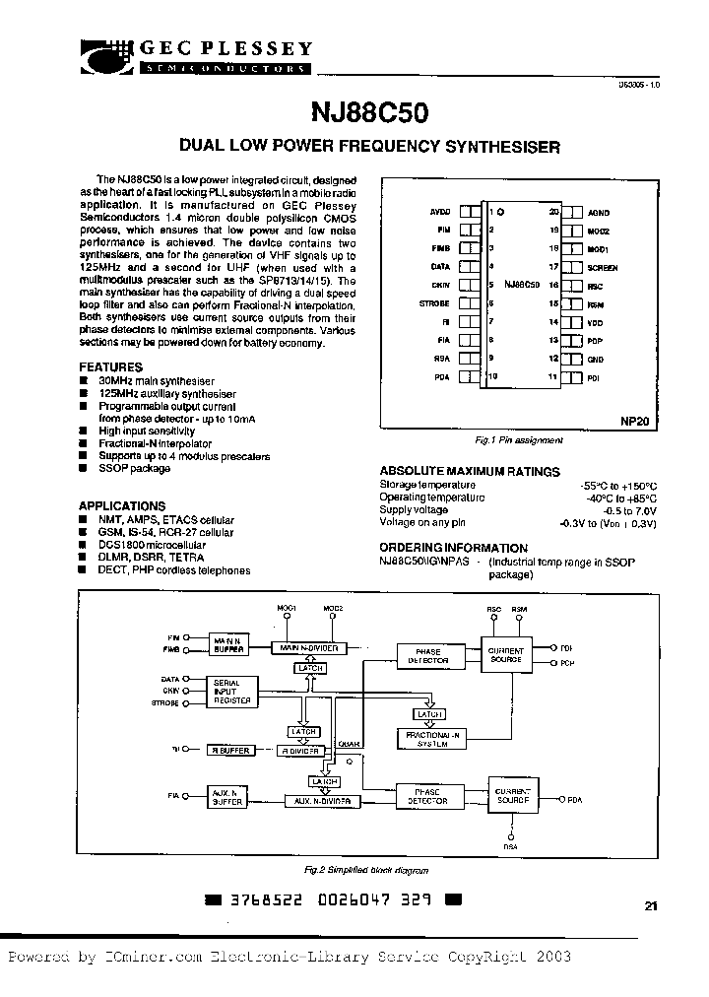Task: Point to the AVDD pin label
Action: (439, 212)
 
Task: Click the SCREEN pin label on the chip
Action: (603, 268)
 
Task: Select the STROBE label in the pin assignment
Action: (434, 304)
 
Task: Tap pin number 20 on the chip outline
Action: (553, 212)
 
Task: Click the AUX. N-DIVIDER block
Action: (318, 802)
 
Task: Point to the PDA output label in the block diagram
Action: (573, 800)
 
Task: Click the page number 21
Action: (651, 907)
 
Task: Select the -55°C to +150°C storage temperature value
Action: (619, 486)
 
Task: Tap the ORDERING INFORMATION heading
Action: (454, 548)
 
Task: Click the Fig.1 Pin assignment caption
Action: (518, 440)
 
